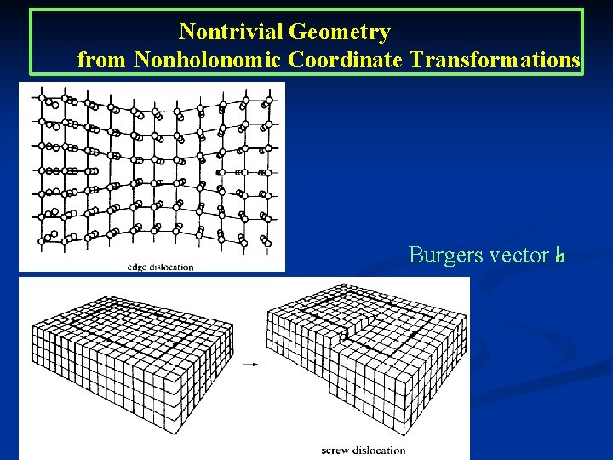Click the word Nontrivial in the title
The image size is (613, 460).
click(x=231, y=32)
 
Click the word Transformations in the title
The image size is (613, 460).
click(x=495, y=60)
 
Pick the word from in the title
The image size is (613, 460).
click(x=102, y=60)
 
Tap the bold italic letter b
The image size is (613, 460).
click(x=559, y=255)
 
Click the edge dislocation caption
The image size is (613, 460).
click(x=160, y=267)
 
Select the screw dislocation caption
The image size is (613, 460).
click(x=364, y=450)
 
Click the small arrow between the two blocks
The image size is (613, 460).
click(x=251, y=365)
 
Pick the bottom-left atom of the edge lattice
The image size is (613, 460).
click(x=42, y=242)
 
